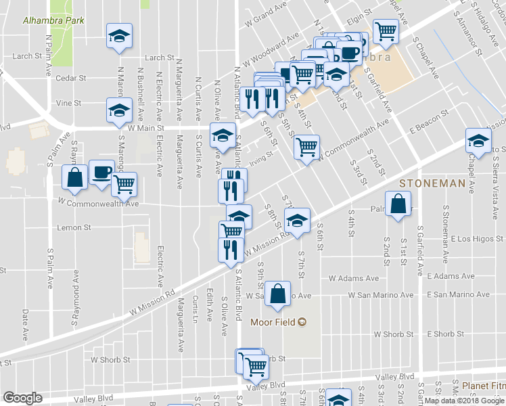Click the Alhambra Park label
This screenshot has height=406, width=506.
53,20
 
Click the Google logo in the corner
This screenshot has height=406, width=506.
22,398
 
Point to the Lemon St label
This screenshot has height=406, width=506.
74,227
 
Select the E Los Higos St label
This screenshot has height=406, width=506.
477,239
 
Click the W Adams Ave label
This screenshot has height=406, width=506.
354,278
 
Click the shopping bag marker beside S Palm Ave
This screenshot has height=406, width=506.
74,178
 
